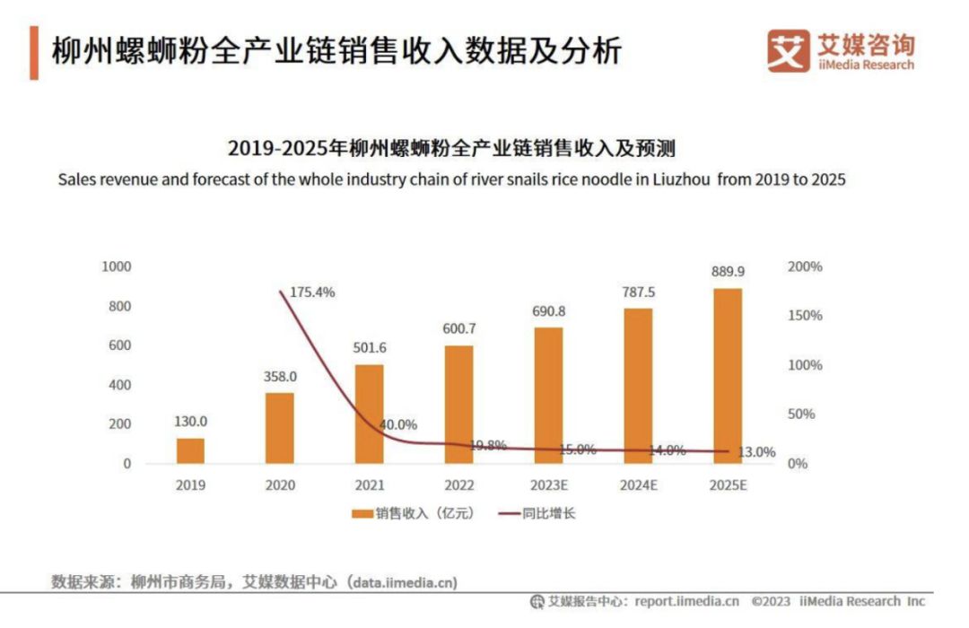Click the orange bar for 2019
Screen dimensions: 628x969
(190, 450)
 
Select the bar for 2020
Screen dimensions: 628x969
(279, 428)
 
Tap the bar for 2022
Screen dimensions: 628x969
(458, 405)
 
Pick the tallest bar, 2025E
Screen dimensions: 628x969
(728, 376)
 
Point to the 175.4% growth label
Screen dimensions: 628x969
(311, 292)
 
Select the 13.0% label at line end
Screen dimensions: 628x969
(755, 452)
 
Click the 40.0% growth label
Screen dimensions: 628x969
(397, 424)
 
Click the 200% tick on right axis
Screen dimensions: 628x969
(805, 266)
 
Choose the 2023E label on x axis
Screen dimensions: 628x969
(548, 485)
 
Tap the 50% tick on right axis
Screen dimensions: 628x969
(801, 414)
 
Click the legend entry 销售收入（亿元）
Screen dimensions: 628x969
(413, 514)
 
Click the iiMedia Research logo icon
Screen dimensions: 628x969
(788, 51)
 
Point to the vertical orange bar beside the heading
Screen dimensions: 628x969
(34, 53)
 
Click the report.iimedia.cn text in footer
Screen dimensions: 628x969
(686, 601)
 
